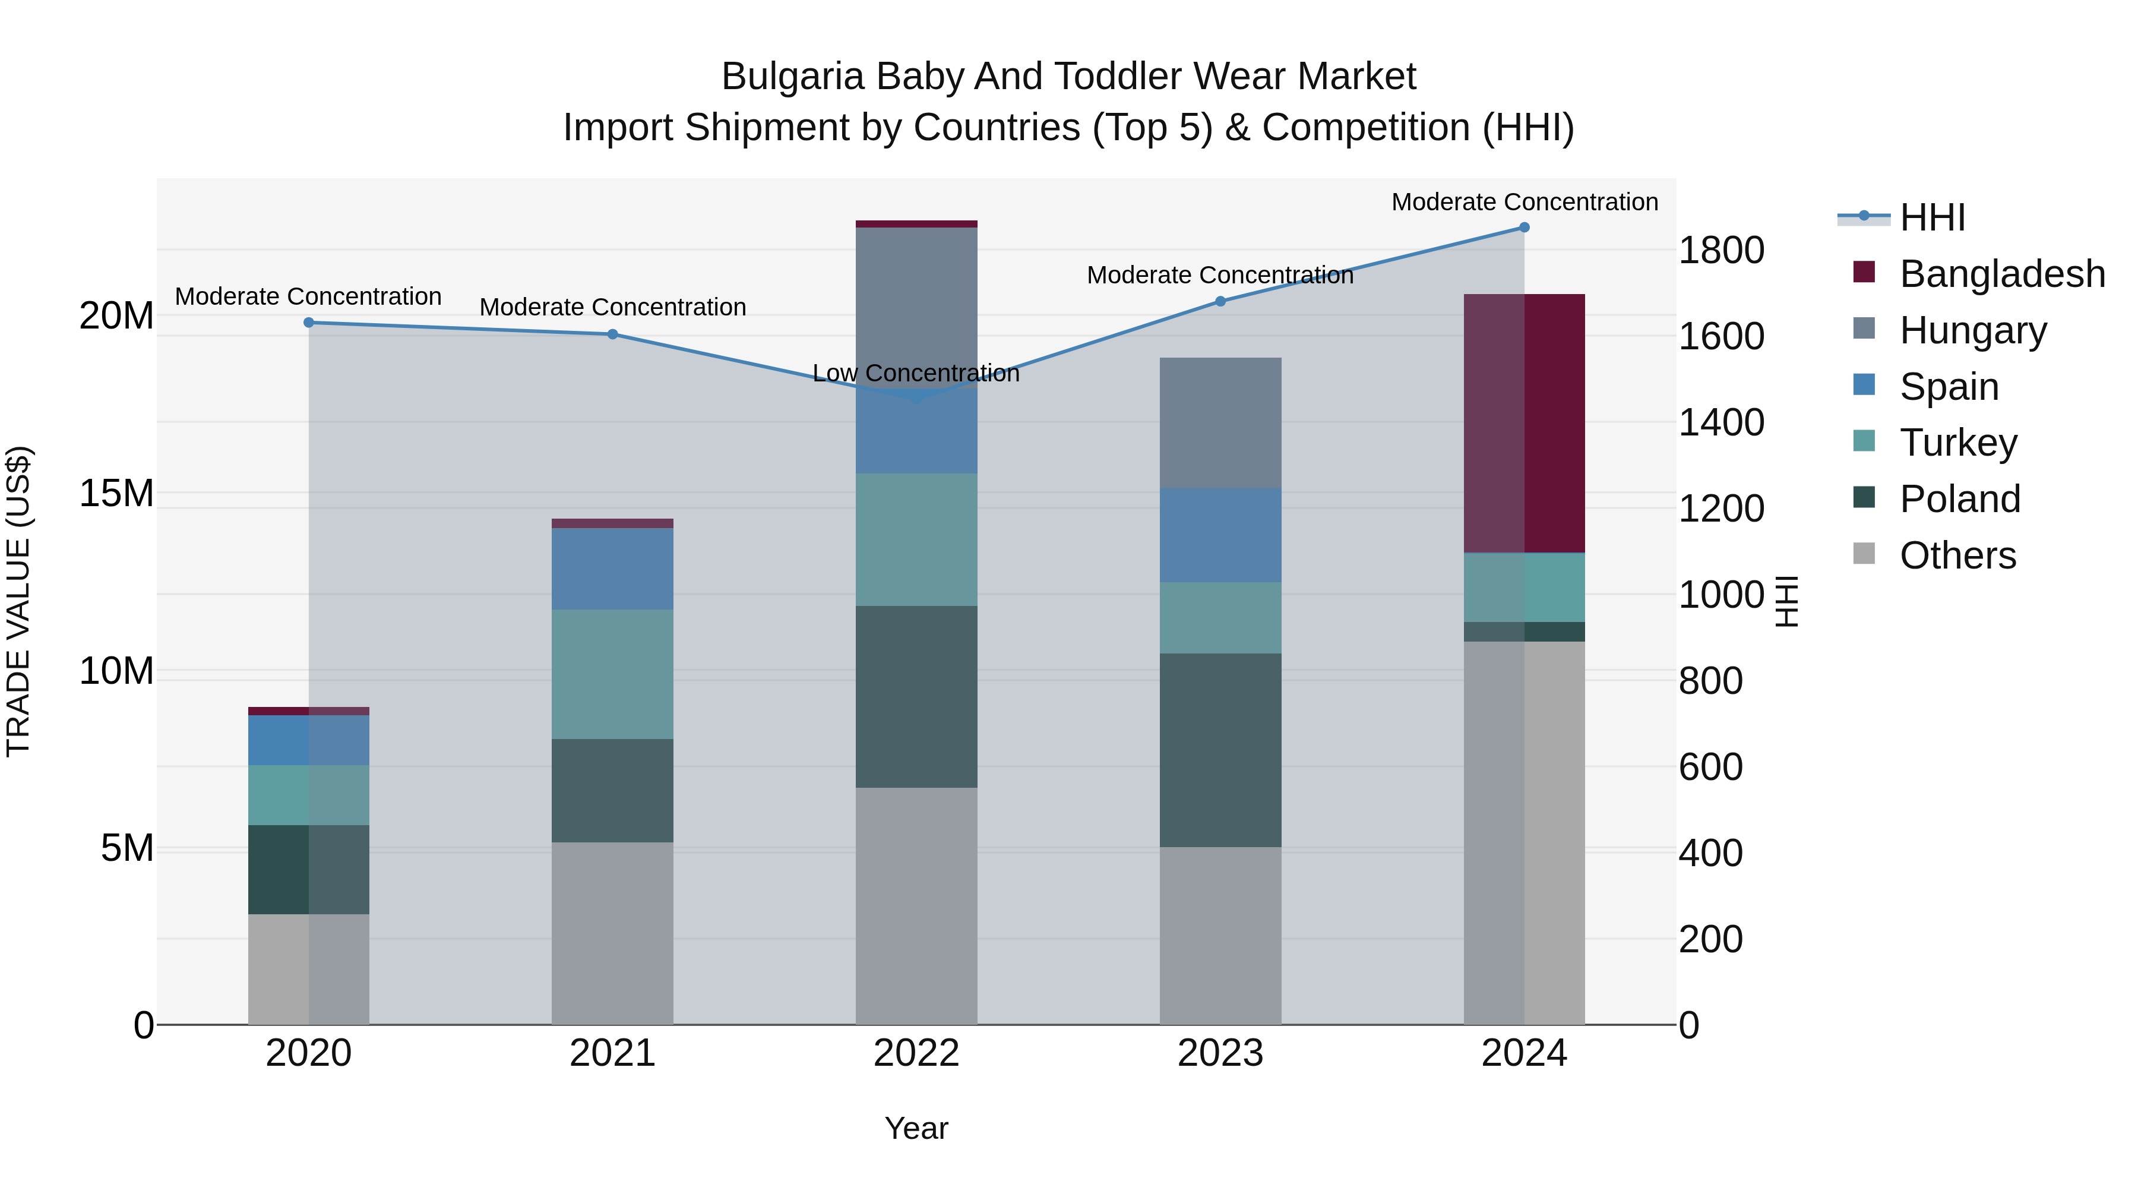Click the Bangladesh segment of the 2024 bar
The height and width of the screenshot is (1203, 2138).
pos(1524,424)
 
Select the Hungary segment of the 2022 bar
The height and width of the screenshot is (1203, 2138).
pos(916,307)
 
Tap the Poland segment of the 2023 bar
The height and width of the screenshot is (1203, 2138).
pos(1220,750)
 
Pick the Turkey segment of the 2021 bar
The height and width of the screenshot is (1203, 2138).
pos(612,674)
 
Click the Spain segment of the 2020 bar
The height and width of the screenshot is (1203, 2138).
pos(309,740)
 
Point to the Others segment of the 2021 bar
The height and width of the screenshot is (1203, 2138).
pos(612,933)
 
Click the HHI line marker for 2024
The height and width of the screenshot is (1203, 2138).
pos(1524,228)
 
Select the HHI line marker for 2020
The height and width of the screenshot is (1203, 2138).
pos(309,322)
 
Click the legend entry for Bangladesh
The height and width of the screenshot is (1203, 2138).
pos(2002,274)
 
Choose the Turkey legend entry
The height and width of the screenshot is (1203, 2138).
pos(1958,443)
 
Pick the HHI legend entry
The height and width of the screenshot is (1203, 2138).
pos(1932,217)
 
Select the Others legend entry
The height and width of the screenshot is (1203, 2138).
pos(1957,555)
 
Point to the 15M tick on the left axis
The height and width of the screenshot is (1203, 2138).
pos(116,493)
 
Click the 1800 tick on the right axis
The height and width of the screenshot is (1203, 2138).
pos(1720,250)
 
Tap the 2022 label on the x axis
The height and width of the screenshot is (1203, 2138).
pos(916,1053)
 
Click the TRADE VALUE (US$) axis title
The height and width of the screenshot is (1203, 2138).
pos(19,601)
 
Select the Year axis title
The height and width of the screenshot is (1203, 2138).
pos(916,1128)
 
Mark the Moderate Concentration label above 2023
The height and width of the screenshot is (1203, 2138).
pos(1220,275)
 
